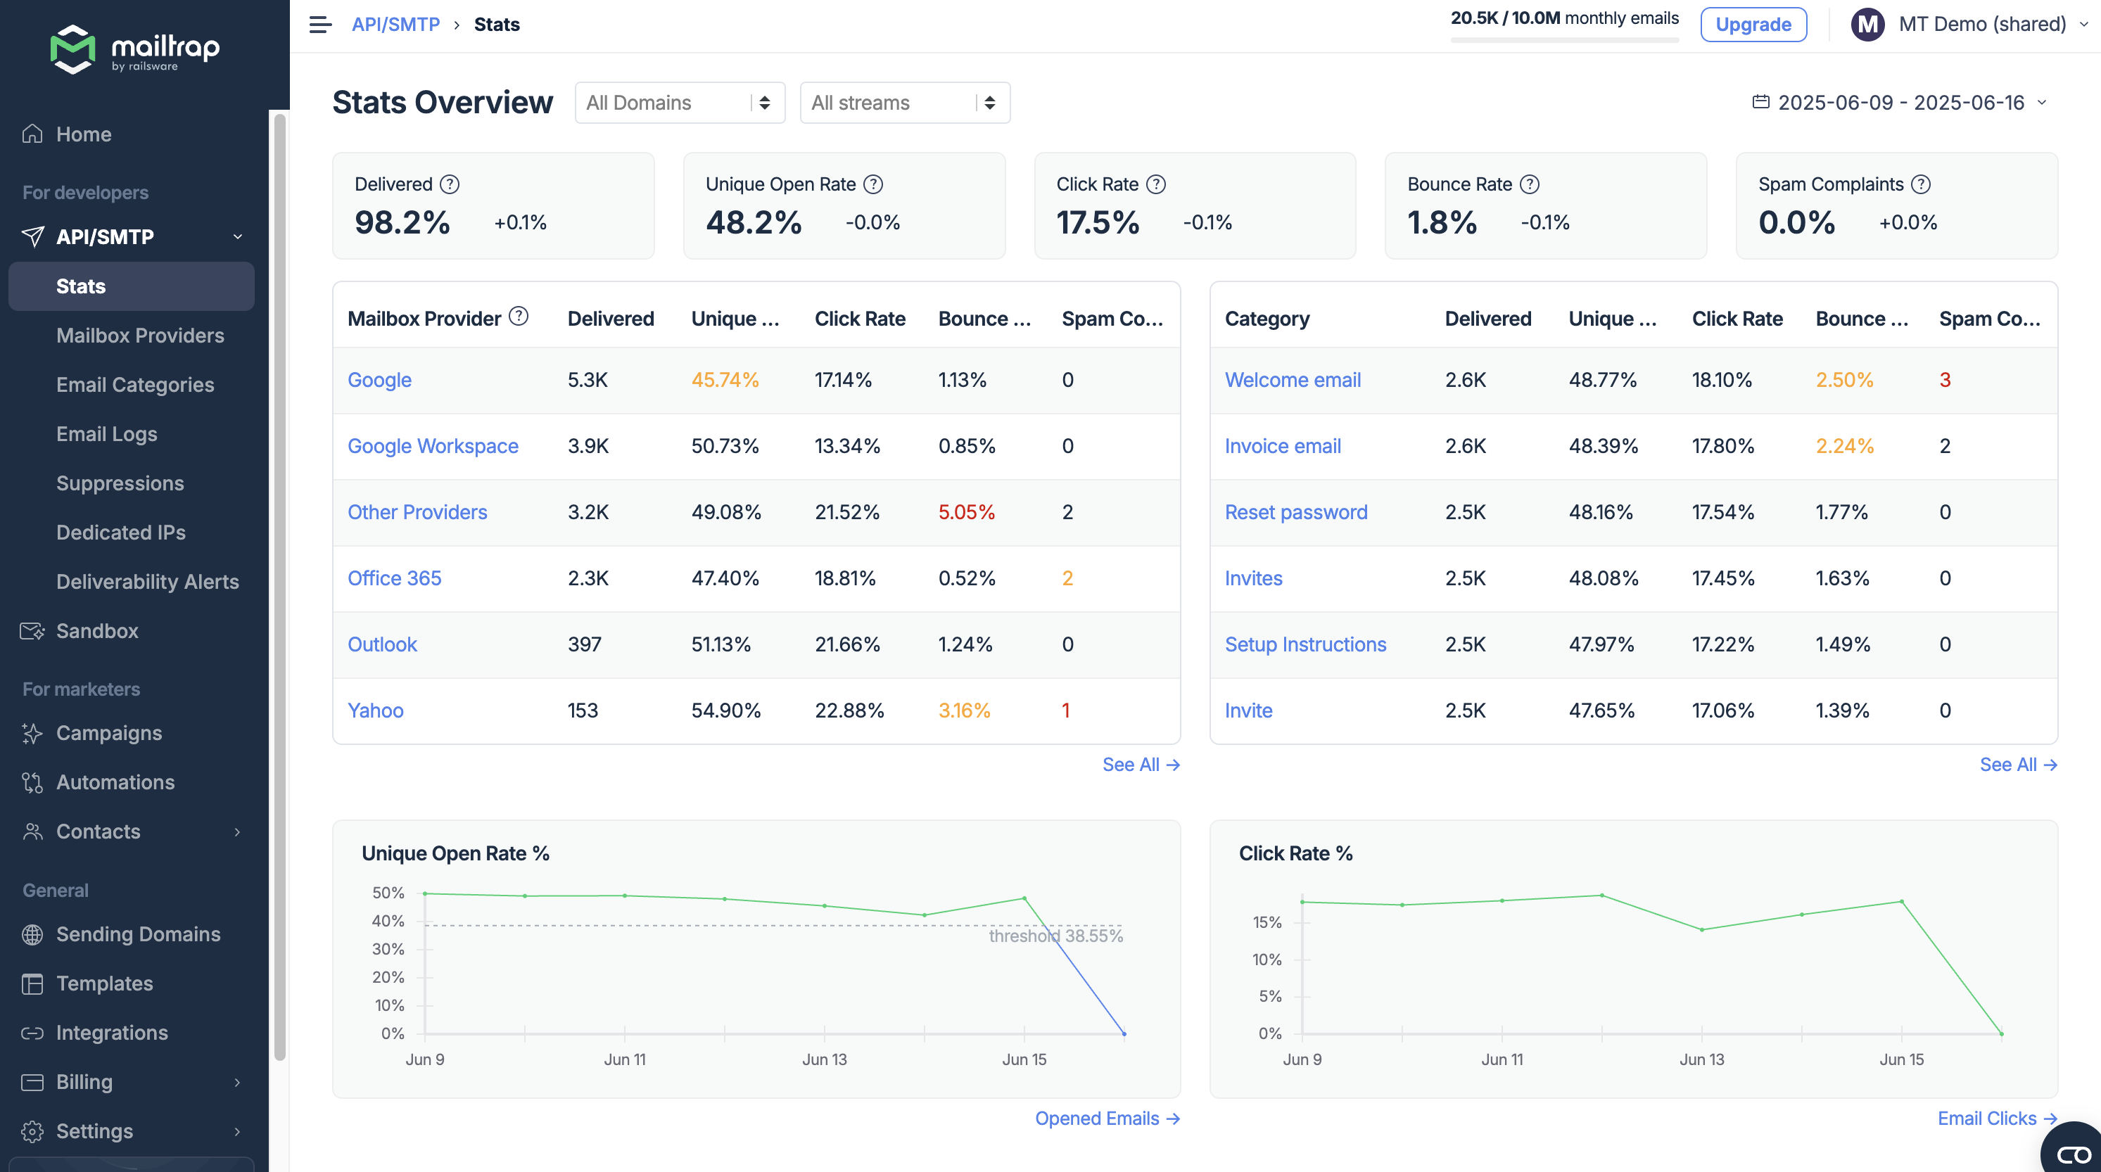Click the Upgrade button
coord(1753,25)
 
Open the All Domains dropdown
coord(680,103)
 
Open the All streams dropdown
coord(905,103)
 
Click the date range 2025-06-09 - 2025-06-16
coord(1900,103)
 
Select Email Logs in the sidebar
coord(107,434)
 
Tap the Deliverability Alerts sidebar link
coord(148,582)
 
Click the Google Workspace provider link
coord(432,446)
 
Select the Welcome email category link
coord(1292,380)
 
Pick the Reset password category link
coord(1295,512)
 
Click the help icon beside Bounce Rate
coord(1529,184)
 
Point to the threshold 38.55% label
coord(1055,936)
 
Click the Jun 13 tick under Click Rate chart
coord(1701,1059)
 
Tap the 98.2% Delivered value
coord(402,223)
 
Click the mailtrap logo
coord(134,49)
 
